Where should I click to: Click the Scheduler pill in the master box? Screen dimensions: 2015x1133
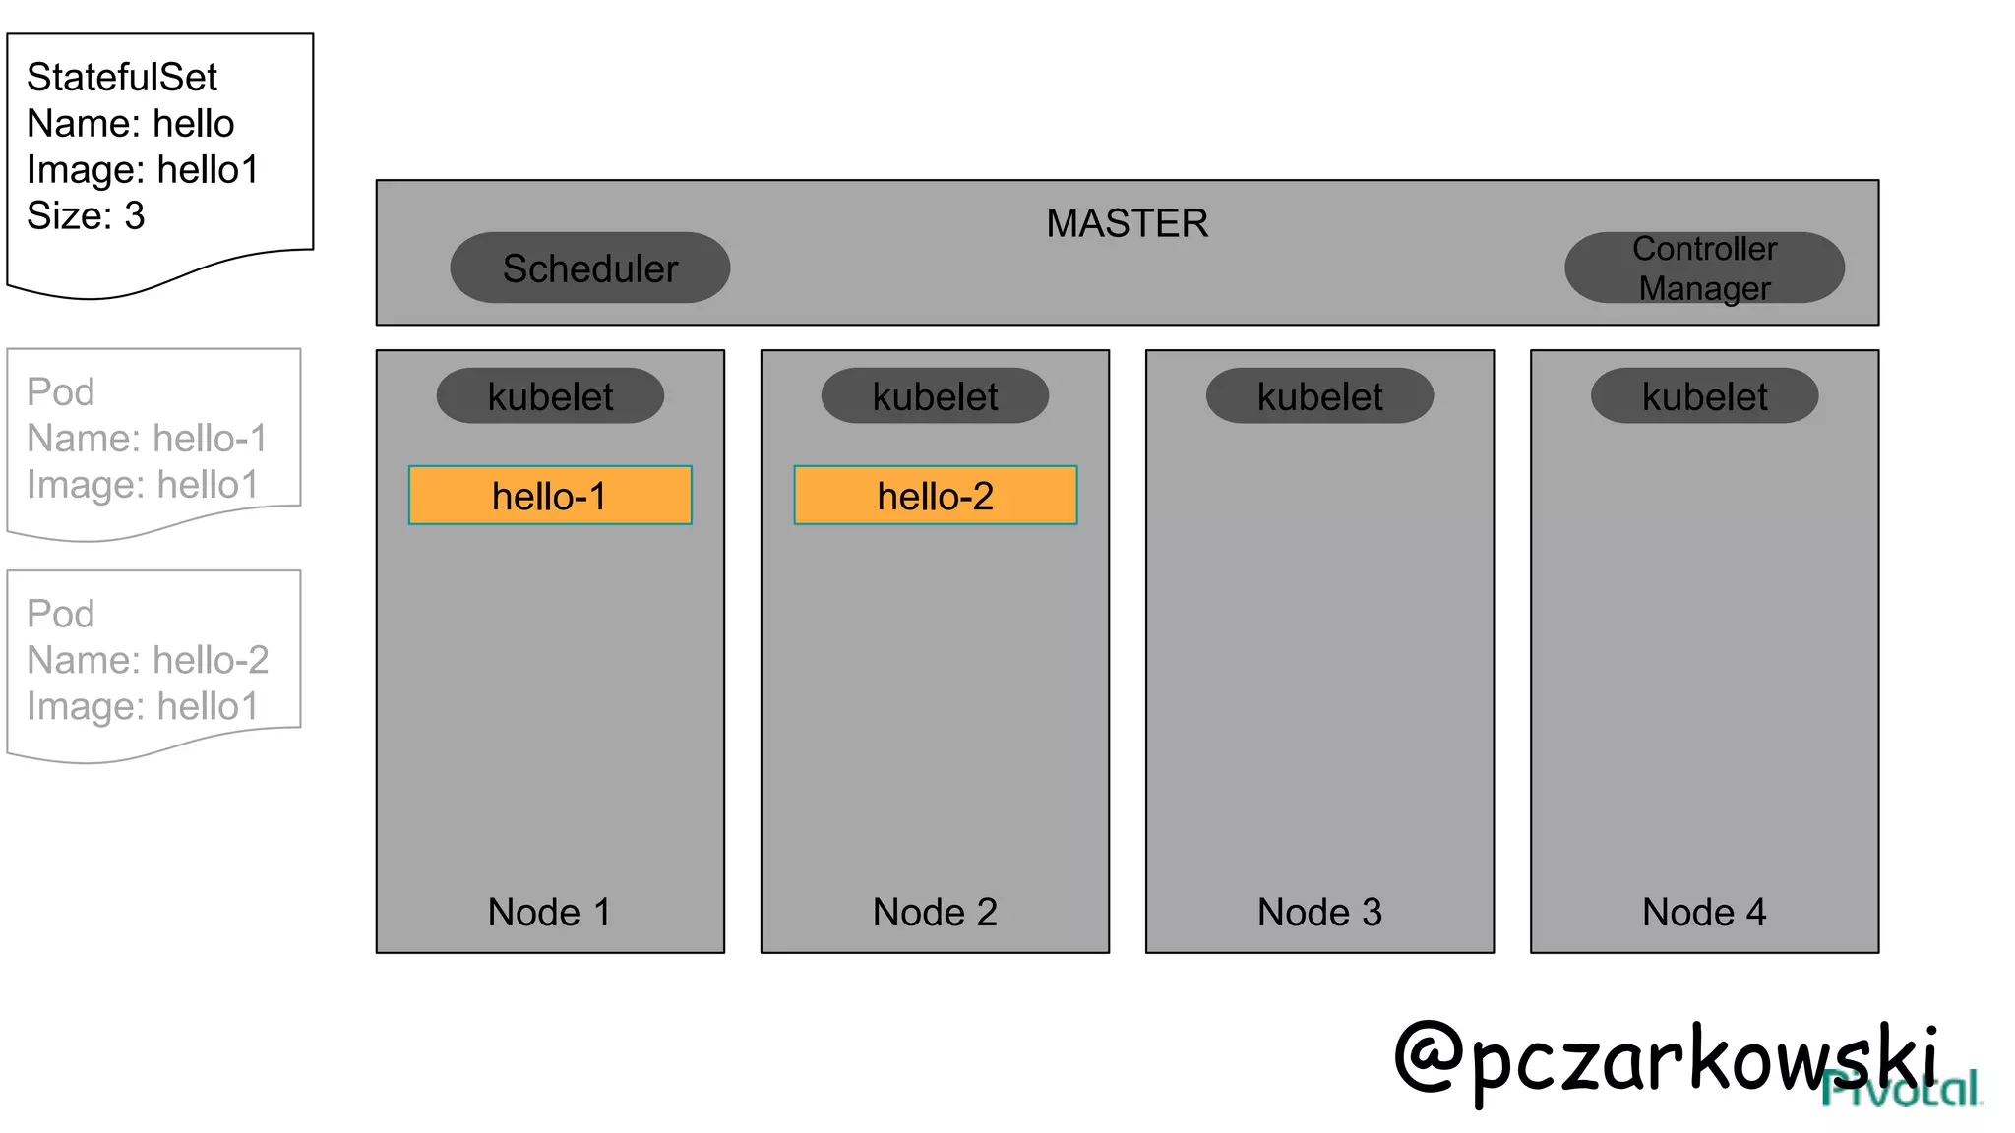coord(589,268)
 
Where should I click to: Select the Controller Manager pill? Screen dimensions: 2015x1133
coord(1704,268)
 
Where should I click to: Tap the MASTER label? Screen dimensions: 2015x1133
coord(1127,223)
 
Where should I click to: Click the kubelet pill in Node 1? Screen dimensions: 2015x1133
coord(550,396)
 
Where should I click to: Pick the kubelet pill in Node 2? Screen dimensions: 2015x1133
coord(935,396)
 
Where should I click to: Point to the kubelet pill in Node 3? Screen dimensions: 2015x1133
coord(1319,396)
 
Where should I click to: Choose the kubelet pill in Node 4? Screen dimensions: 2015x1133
coord(1704,396)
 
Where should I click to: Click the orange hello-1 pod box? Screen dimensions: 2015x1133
coord(550,496)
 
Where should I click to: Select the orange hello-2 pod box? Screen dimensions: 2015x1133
coord(935,496)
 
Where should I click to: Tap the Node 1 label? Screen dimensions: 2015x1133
coord(549,912)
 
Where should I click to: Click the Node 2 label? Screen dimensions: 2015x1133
coord(935,912)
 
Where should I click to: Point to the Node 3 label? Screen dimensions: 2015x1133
coord(1319,912)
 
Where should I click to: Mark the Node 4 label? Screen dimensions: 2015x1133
coord(1704,912)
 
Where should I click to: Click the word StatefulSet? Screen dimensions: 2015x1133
coord(122,77)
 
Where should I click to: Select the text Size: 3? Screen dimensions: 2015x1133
coord(86,215)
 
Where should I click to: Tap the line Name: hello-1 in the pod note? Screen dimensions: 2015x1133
coord(147,439)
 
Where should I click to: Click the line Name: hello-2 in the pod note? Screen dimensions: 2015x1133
coord(148,660)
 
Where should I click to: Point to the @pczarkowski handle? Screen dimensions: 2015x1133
coord(1663,1057)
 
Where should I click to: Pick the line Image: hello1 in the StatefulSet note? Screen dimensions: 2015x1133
coord(143,169)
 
